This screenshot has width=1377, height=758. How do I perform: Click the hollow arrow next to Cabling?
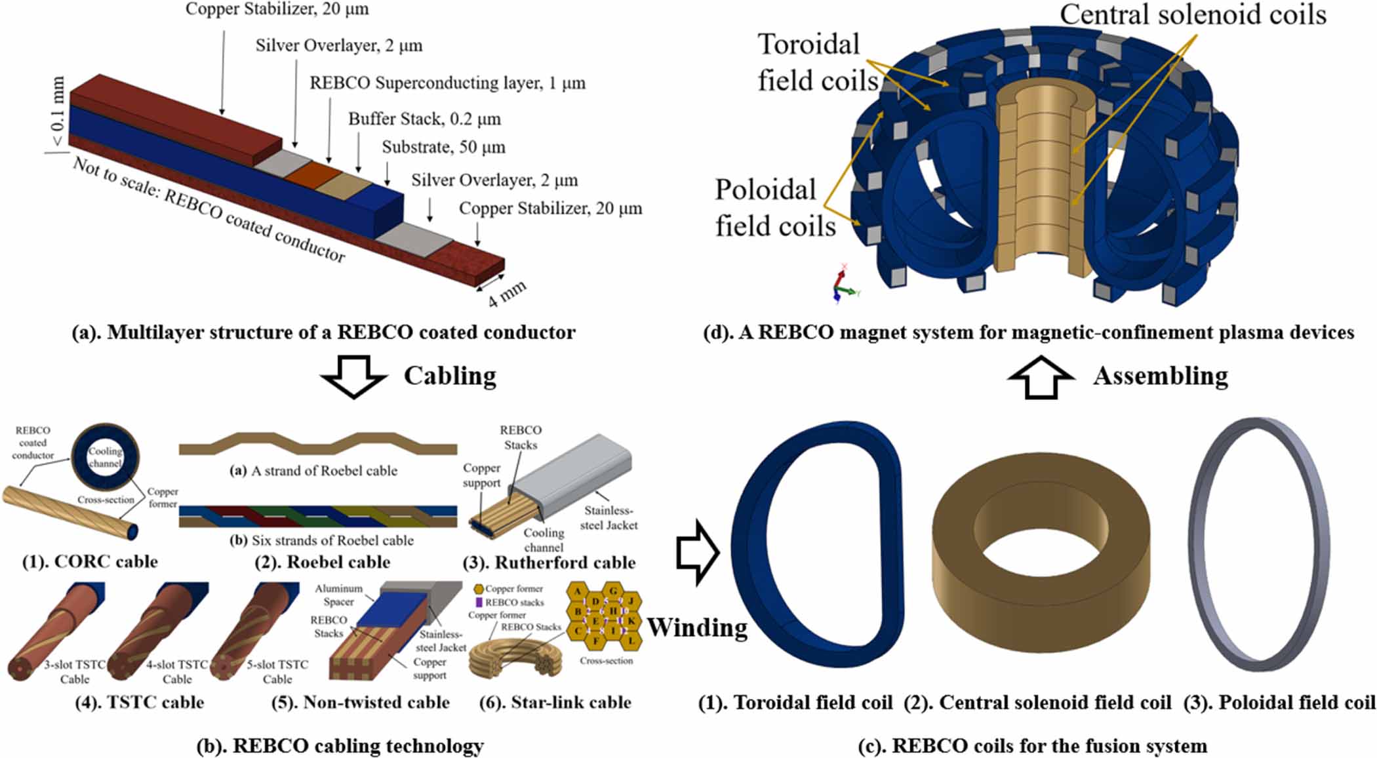[353, 376]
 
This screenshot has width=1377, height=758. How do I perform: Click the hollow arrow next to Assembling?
[1041, 376]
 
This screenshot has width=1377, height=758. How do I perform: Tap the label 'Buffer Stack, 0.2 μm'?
[424, 119]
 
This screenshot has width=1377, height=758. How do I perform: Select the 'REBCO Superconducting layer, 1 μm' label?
[447, 83]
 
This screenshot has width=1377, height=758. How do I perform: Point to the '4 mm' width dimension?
[506, 294]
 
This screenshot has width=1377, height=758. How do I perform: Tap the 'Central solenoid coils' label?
[1193, 14]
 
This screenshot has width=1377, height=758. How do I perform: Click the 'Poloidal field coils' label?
[774, 208]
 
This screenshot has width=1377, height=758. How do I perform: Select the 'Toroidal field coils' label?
[816, 62]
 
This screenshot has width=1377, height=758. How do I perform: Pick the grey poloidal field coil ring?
[1260, 544]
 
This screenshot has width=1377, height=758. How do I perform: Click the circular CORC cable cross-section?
[105, 456]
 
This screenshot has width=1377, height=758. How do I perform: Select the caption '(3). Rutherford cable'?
[565, 563]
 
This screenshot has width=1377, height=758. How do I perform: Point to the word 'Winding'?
[697, 628]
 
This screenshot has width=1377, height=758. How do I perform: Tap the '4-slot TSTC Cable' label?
[177, 671]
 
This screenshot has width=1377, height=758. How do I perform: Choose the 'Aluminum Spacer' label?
[338, 595]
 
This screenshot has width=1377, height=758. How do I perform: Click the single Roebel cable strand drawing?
[318, 444]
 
